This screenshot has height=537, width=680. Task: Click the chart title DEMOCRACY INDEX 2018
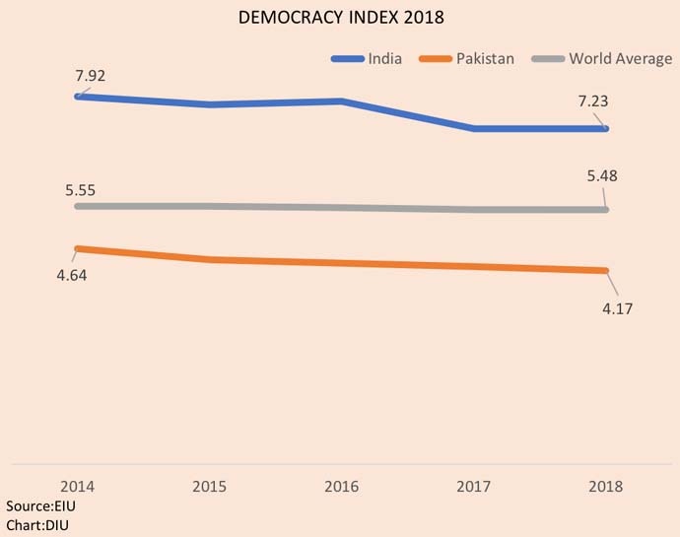(x=340, y=19)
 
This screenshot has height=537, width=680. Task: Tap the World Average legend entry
(x=620, y=59)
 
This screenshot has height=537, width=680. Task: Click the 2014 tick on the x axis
(x=77, y=487)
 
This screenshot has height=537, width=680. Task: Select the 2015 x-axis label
(x=210, y=487)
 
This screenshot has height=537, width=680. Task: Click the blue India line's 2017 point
(x=475, y=128)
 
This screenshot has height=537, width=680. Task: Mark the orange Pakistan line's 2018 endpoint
(x=607, y=271)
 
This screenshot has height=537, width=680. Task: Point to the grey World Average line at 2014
(x=78, y=206)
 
